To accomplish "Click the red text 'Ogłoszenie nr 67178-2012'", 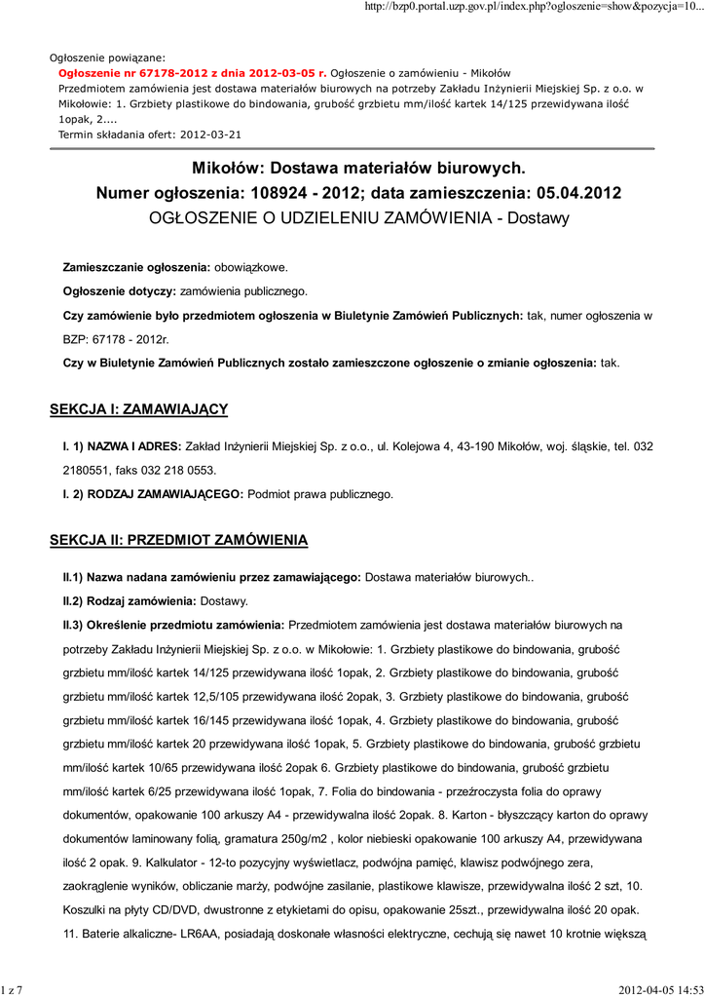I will pyautogui.click(x=126, y=72).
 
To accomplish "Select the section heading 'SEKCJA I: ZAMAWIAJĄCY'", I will pyautogui.click(x=138, y=409).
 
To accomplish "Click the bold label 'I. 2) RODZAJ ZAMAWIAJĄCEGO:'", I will pyautogui.click(x=154, y=494).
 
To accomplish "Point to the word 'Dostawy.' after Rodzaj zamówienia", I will pyautogui.click(x=224, y=600).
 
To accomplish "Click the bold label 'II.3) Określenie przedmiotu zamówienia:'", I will pyautogui.click(x=173, y=624).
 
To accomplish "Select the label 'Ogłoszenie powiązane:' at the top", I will pyautogui.click(x=107, y=58).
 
